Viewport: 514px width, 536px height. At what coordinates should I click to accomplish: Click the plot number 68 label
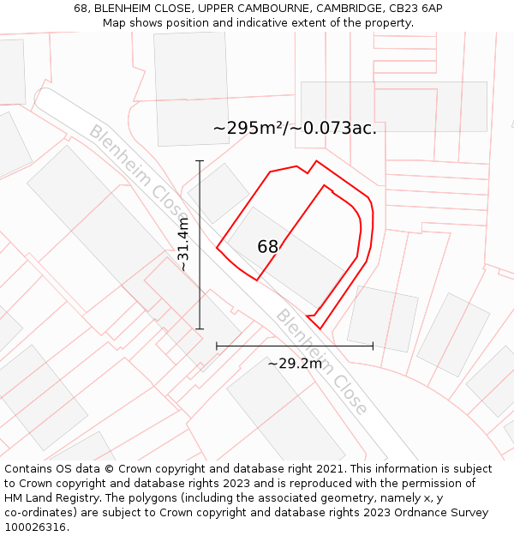267,247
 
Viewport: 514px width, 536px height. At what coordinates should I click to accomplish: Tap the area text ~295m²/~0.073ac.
295,129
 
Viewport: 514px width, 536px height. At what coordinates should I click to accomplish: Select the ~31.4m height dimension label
183,244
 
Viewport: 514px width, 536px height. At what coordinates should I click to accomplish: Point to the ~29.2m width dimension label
295,364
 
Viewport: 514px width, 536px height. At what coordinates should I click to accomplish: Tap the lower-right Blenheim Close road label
321,361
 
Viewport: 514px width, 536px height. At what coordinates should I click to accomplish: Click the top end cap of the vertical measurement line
200,160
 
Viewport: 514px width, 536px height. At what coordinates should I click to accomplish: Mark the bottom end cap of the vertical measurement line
200,328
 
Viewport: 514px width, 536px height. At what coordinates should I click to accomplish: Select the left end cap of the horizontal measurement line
217,346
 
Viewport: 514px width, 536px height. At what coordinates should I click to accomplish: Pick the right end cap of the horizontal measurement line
373,346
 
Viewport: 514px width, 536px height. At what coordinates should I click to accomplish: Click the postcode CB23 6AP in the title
415,8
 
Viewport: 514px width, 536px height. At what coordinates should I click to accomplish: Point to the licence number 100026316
36,527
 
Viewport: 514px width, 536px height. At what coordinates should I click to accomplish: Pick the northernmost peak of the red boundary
317,160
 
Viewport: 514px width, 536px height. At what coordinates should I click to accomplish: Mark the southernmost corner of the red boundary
320,328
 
